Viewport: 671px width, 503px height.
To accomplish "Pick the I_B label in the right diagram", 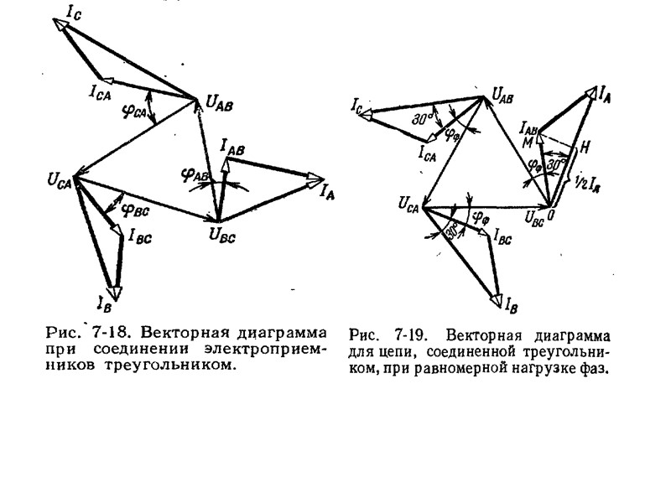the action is point(509,299).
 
